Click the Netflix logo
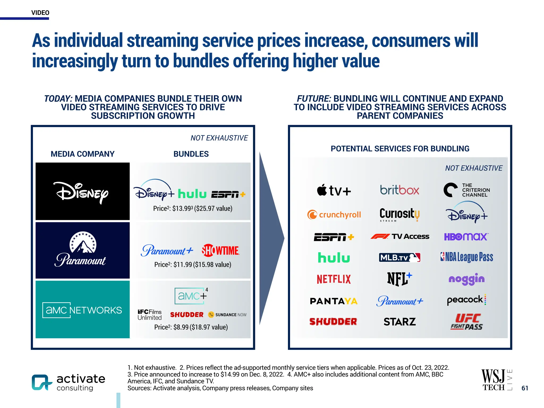(334, 279)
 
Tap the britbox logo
(399, 190)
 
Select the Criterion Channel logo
(467, 190)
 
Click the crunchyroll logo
(334, 215)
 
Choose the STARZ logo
(399, 322)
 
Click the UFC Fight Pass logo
(467, 322)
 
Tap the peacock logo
(467, 300)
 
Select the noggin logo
(466, 279)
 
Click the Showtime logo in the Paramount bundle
(220, 250)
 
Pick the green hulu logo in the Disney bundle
(192, 194)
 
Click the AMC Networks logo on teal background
(82, 310)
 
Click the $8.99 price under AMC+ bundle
(181, 327)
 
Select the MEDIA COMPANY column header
(82, 154)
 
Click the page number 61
(525, 388)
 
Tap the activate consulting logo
(69, 382)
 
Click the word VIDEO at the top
(40, 13)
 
